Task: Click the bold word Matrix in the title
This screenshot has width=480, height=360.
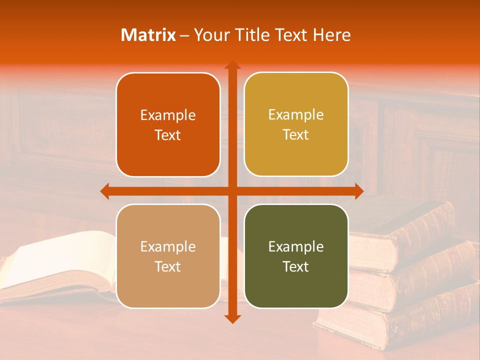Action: coord(148,35)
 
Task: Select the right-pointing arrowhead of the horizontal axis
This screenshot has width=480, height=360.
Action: coord(358,191)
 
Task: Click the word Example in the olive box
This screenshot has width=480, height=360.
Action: coord(296,246)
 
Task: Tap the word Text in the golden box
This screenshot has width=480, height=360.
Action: coord(296,135)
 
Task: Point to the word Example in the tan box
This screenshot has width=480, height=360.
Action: coord(168,246)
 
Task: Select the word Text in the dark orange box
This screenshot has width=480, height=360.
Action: coord(168,135)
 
